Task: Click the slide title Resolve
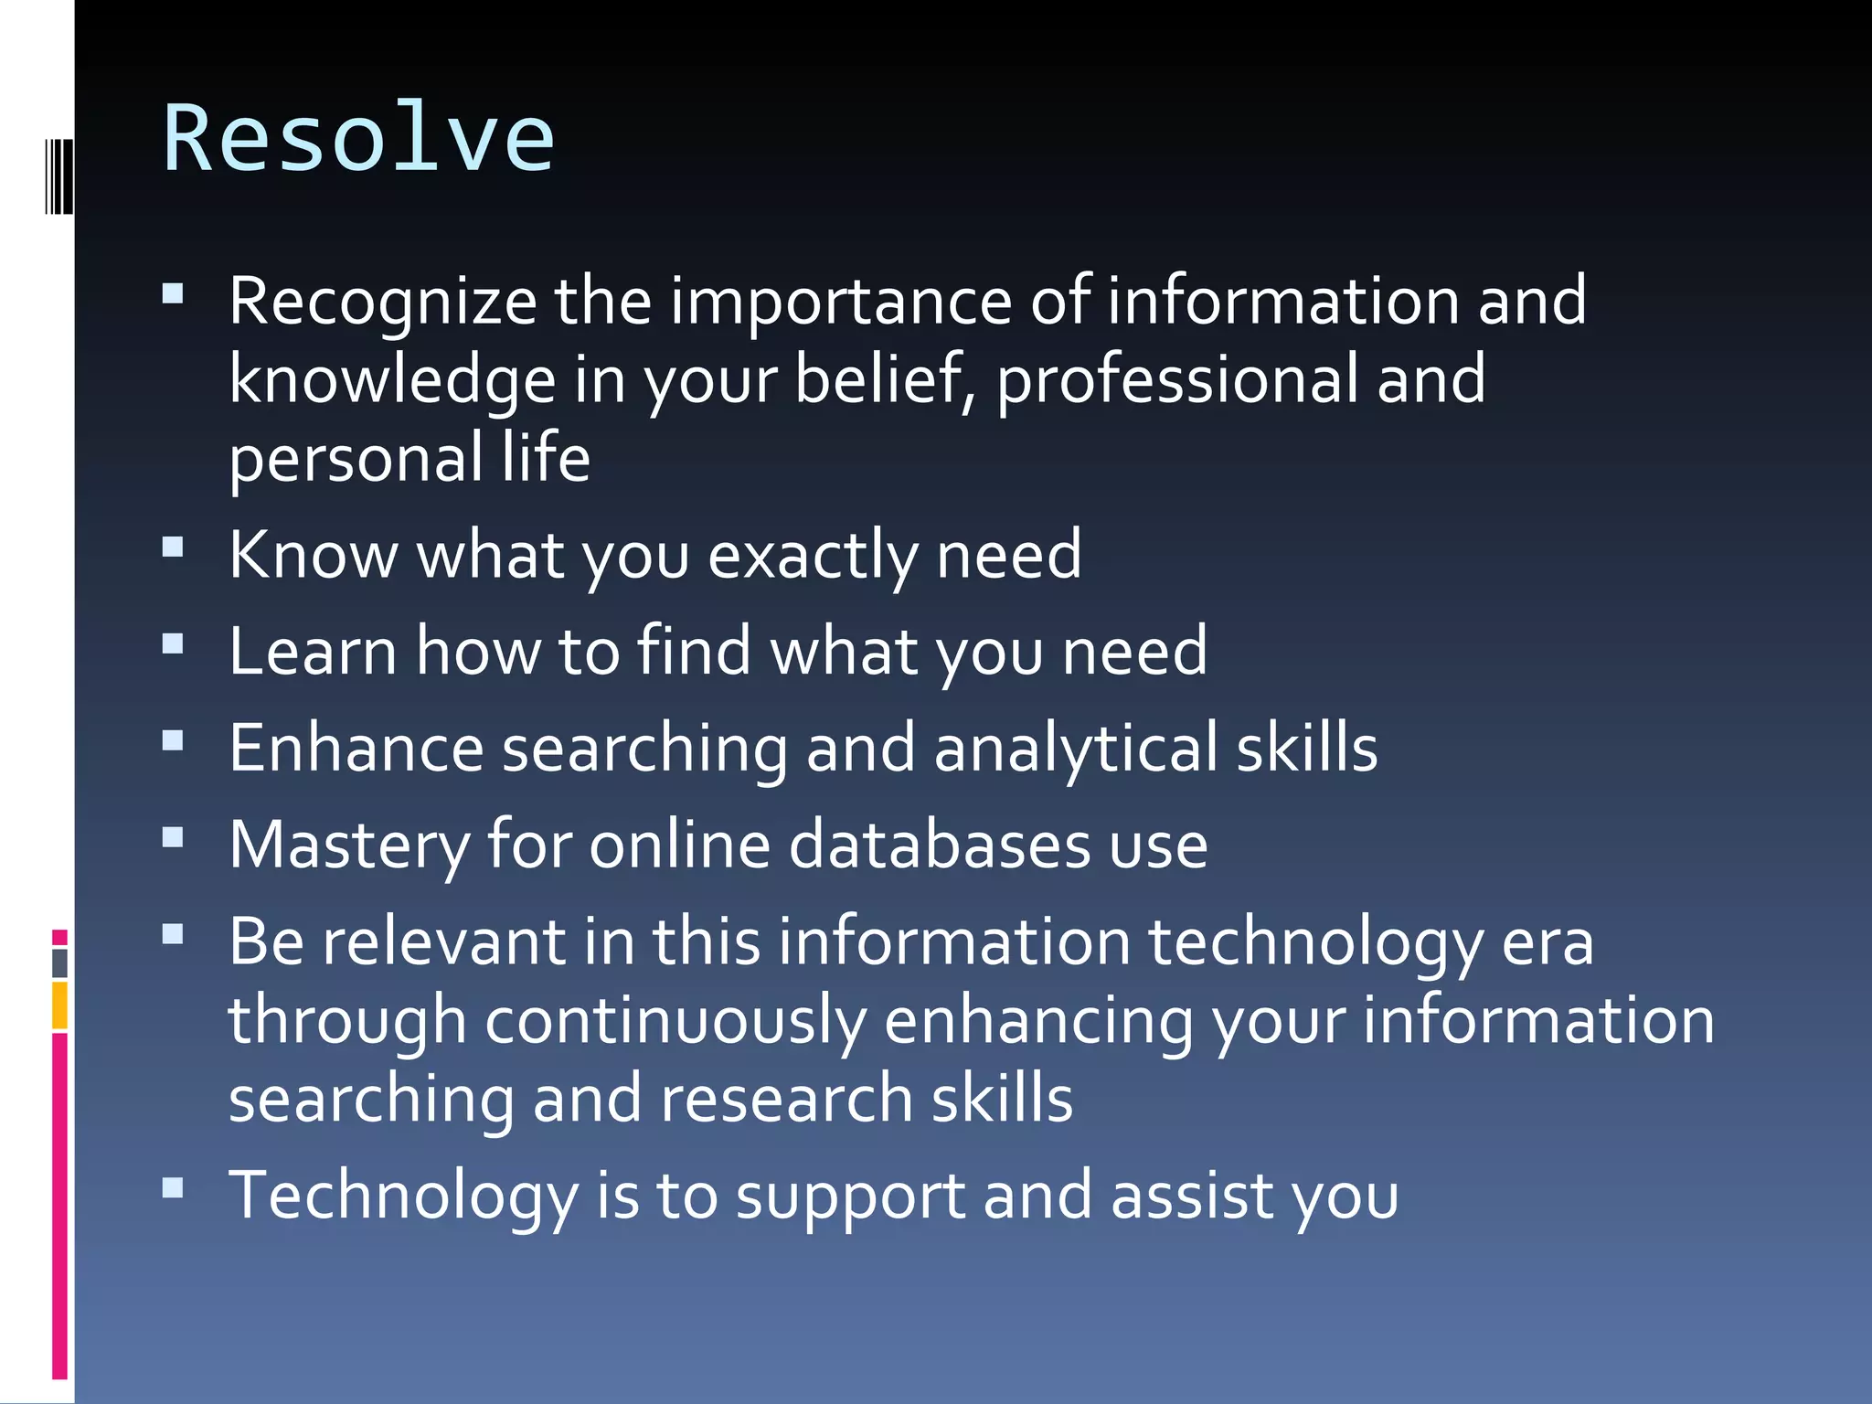358,138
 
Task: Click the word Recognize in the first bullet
382,302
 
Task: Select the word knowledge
392,379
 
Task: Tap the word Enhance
356,748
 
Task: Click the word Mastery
348,845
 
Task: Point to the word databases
940,845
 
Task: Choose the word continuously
675,1020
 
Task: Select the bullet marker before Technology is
173,1187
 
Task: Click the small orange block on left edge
59,1005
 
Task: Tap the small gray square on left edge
59,963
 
